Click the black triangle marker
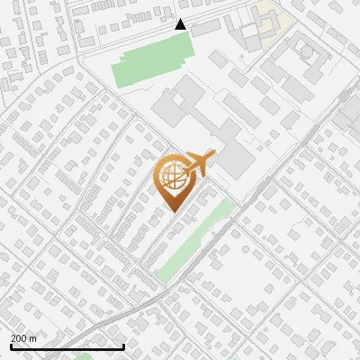coord(180,24)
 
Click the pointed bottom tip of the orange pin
coord(171,211)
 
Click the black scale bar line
coord(67,347)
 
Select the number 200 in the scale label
coord(20,338)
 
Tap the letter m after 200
coord(33,338)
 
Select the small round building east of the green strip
coord(245,249)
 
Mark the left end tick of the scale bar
coord(10,346)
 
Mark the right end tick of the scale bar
coord(123,346)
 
